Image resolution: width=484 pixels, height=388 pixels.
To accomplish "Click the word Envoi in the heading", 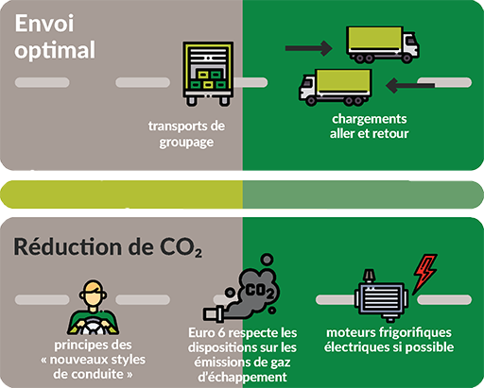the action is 44,24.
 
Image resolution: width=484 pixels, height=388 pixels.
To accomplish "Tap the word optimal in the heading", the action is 55,50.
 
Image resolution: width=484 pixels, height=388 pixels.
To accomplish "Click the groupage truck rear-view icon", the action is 208,74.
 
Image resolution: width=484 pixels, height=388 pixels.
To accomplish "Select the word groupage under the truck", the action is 186,143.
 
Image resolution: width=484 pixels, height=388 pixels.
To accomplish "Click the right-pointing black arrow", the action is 309,48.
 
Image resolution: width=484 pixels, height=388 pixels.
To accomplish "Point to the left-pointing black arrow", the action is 410,85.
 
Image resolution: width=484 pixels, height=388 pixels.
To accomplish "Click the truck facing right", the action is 383,44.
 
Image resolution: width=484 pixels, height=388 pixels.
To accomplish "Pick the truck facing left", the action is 336,88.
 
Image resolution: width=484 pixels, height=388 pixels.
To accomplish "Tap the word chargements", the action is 370,119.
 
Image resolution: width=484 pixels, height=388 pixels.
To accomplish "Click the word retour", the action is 390,134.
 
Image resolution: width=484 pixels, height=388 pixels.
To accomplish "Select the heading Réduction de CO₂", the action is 108,247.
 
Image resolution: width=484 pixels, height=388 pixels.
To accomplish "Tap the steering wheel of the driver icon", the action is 93,327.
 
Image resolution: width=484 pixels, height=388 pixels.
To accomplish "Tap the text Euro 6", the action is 207,333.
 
